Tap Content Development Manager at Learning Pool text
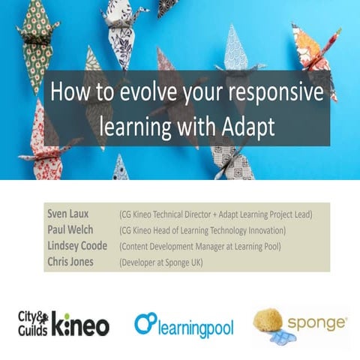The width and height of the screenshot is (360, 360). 200,246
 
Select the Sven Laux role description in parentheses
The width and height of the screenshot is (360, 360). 215,214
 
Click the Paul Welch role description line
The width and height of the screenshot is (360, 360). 202,230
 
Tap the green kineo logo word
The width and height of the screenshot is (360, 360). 83,325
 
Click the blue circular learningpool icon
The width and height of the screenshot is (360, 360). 144,323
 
